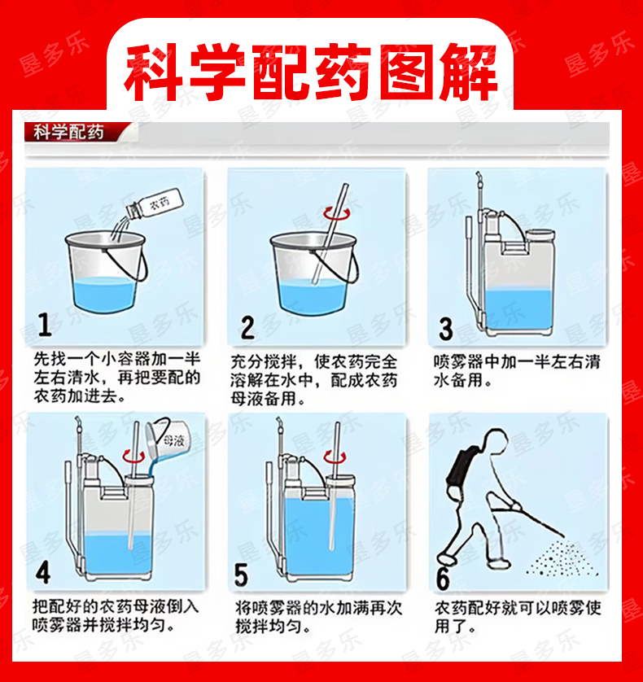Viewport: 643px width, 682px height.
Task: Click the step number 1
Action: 45,324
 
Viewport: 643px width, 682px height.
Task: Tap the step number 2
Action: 247,327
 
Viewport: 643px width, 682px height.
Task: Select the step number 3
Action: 445,329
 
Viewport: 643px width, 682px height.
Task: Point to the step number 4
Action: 43,573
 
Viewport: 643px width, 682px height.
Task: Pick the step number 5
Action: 241,575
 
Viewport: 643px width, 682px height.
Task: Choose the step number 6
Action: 443,579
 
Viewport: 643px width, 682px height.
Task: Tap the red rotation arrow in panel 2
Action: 336,213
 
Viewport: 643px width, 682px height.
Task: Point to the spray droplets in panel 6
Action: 562,558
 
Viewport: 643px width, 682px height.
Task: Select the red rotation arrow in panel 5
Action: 335,457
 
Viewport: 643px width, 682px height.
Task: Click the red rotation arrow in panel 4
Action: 133,456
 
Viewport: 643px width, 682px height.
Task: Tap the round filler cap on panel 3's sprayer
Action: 540,235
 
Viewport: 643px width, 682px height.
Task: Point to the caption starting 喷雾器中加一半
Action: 516,371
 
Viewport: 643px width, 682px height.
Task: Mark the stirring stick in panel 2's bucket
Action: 330,234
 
